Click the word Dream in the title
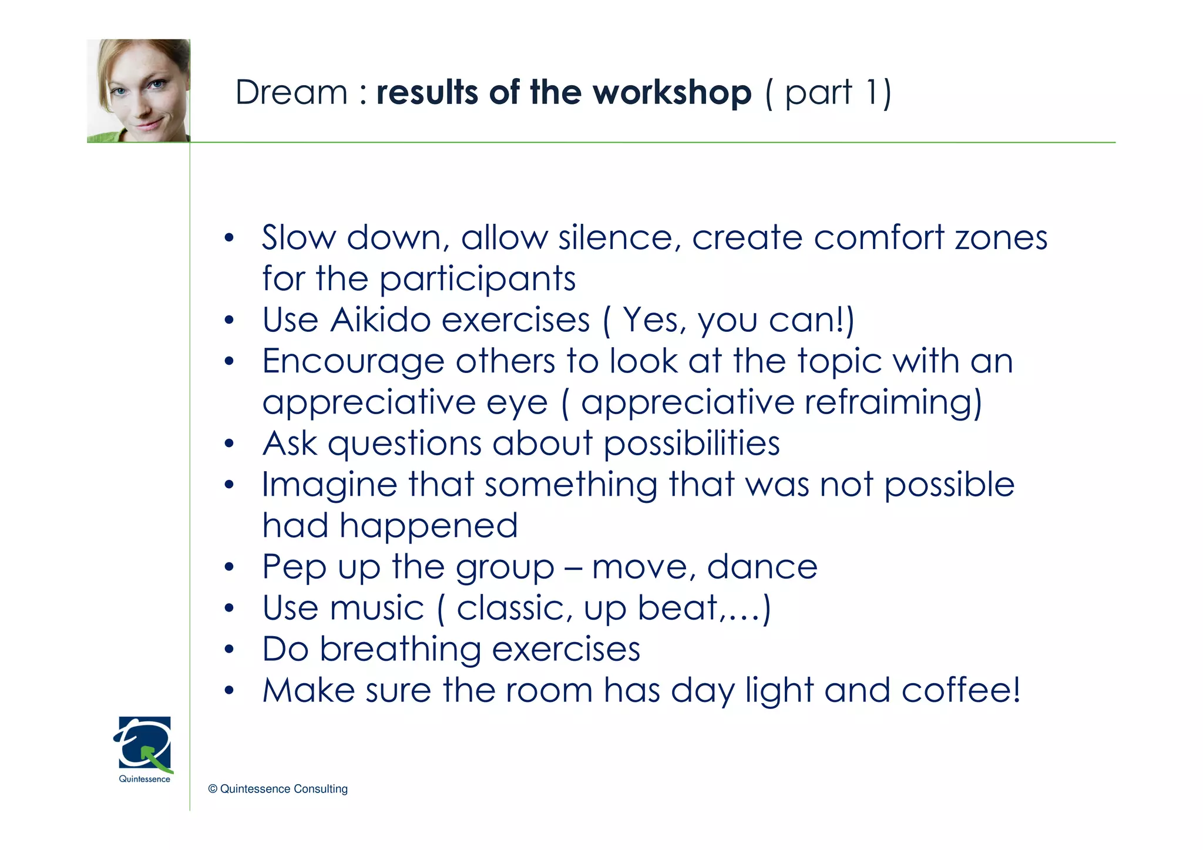(291, 93)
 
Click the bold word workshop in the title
(672, 93)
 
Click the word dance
(762, 567)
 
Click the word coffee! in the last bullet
(961, 690)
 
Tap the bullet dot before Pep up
(229, 568)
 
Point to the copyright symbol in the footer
(213, 789)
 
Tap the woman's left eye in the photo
(157, 86)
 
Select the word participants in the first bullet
(477, 279)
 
